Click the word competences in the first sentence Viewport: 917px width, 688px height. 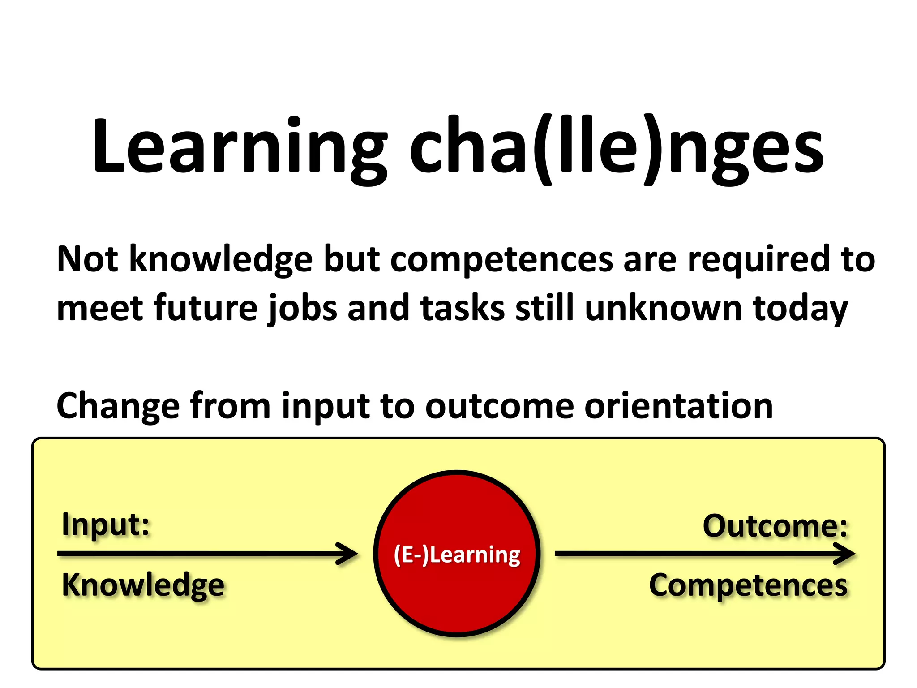(501, 259)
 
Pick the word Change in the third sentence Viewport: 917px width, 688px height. (118, 406)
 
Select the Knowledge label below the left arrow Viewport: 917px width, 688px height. (143, 585)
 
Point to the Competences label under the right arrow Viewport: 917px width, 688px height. (748, 585)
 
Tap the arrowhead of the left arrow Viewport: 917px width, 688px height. (349, 554)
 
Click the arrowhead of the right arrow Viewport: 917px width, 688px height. (846, 554)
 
